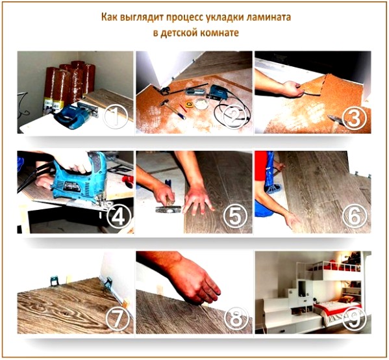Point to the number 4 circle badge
point(117,216)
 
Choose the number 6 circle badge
point(355,216)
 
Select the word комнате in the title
point(216,32)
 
